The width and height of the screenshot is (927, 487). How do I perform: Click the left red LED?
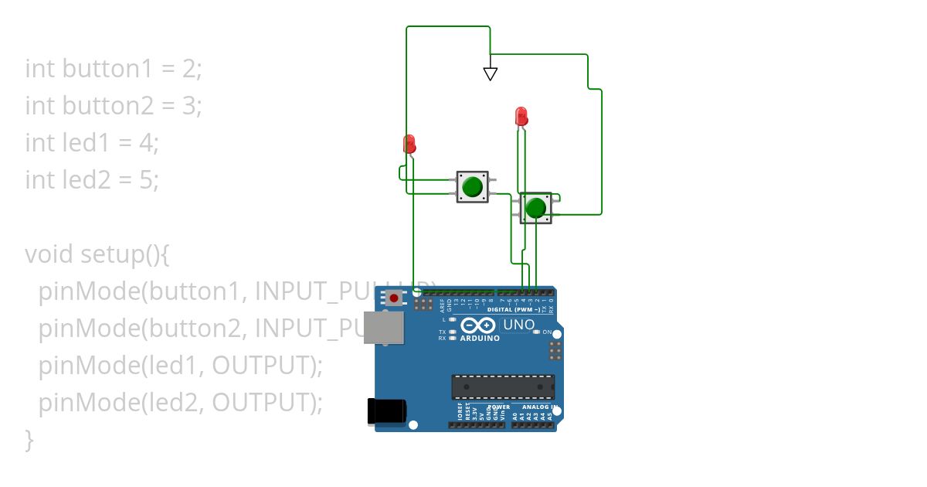point(409,144)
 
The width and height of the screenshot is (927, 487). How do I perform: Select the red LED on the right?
point(521,117)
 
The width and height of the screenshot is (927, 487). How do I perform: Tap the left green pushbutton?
point(471,187)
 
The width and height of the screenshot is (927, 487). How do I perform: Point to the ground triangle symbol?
point(490,73)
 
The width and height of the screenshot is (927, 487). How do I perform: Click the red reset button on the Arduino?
point(395,298)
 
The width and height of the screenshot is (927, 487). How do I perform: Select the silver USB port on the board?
point(384,327)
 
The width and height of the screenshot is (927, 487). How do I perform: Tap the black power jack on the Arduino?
point(385,410)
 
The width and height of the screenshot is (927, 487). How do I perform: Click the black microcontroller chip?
point(503,387)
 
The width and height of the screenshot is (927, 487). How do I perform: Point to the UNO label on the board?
point(518,325)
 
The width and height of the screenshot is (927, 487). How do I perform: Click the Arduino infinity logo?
point(478,325)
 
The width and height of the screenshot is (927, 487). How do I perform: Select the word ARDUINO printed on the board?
point(479,339)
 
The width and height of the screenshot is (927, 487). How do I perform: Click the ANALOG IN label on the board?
point(539,407)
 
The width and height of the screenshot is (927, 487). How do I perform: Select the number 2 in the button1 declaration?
point(189,69)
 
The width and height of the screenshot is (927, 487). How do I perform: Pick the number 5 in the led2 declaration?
point(147,180)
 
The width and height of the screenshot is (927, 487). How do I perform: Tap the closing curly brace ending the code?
point(29,440)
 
